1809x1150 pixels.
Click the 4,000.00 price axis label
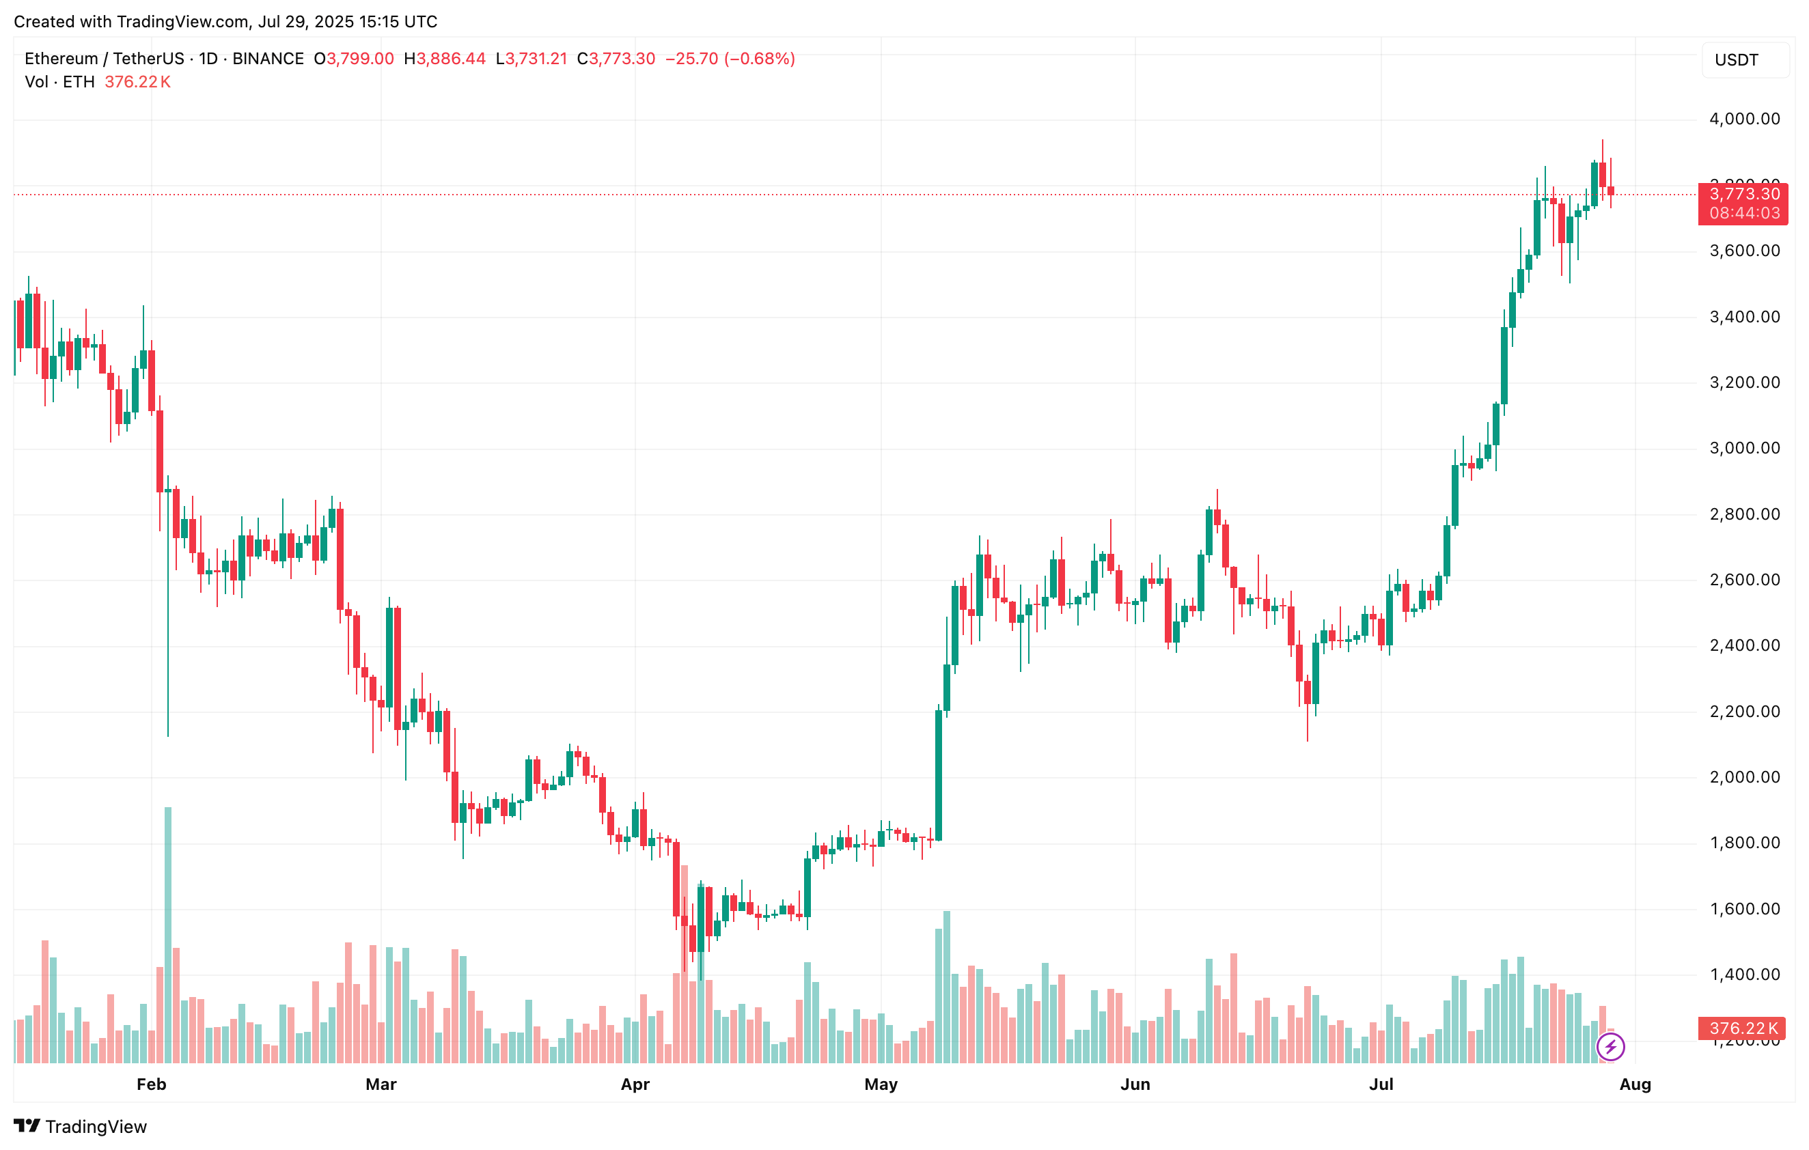click(1743, 119)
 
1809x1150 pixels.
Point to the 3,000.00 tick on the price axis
click(1743, 449)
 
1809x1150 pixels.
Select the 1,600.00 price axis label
click(1743, 909)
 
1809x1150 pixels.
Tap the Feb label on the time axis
click(151, 1084)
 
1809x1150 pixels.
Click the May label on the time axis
click(881, 1084)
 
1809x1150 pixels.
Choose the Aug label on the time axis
click(1635, 1084)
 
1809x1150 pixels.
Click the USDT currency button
click(1736, 60)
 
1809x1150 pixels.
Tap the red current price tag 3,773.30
click(1743, 194)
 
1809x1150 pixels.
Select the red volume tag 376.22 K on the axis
click(1743, 1028)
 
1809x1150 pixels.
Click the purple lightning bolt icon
click(1611, 1046)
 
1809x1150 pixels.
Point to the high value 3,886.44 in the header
click(451, 59)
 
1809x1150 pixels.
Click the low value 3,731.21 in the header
click(536, 59)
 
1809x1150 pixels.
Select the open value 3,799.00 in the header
click(360, 59)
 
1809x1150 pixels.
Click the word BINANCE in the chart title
click(268, 59)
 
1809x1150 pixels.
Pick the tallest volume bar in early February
click(167, 931)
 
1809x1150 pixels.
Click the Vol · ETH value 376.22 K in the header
click(137, 82)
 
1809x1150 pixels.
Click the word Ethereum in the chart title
click(61, 59)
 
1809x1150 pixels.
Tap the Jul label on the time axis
click(1381, 1084)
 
